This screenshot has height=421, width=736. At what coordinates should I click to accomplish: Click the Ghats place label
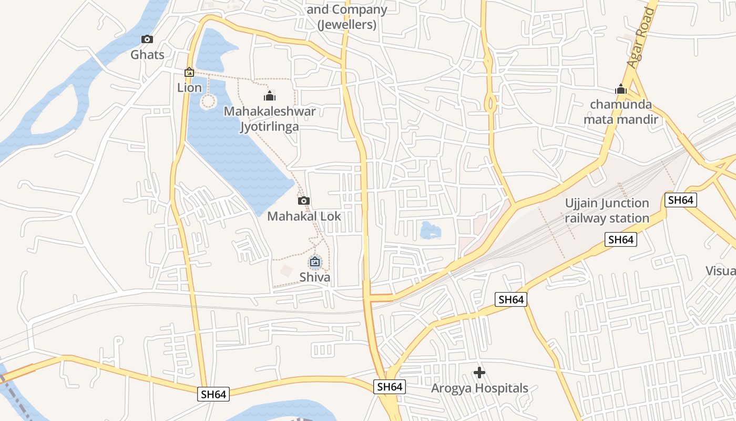147,55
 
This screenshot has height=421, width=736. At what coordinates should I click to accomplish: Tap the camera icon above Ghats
147,39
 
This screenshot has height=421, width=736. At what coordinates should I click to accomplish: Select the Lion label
189,87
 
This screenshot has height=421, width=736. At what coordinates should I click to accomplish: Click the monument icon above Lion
189,72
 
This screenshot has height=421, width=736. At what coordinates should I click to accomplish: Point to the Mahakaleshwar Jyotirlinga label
270,119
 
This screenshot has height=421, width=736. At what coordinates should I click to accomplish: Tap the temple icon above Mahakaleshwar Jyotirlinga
270,96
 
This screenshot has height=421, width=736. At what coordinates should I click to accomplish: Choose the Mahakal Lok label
304,216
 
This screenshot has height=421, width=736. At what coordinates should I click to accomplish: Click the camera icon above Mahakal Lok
303,201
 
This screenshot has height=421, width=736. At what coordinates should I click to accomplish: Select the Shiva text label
315,277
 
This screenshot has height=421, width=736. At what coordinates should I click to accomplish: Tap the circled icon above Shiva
315,262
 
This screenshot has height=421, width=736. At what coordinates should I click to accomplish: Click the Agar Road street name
641,38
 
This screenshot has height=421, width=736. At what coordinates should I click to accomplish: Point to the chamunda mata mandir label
621,112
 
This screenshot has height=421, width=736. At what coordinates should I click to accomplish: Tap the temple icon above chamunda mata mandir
621,89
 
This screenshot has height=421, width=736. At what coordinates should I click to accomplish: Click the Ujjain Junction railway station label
607,210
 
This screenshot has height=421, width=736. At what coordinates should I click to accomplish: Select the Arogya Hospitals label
479,388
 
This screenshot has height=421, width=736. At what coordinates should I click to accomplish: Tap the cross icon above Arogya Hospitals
479,373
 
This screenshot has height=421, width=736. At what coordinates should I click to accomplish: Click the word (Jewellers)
347,24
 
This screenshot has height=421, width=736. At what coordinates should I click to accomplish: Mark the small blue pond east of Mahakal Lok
430,230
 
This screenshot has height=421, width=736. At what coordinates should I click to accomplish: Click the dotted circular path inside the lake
209,101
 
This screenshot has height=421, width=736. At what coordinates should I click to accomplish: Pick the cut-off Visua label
720,270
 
